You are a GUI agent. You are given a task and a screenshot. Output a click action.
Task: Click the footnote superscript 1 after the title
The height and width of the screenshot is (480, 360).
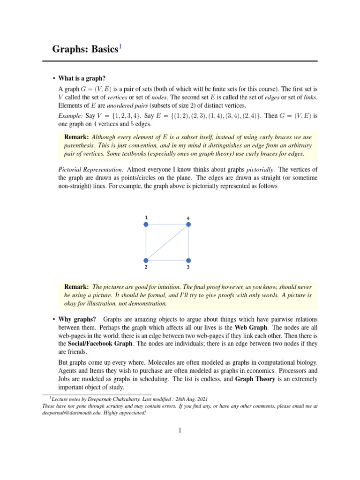click(x=120, y=46)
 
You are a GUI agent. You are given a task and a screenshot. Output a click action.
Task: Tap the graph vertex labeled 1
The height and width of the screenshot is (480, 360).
click(x=146, y=225)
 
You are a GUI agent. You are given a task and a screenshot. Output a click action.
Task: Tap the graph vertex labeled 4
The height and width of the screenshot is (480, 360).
click(x=188, y=225)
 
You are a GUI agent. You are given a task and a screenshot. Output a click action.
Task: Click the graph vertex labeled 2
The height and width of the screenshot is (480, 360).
click(x=146, y=260)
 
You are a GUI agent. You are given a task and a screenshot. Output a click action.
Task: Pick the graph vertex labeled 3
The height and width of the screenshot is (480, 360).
click(x=188, y=260)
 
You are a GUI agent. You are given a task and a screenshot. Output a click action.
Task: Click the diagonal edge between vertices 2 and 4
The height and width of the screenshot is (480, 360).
click(x=167, y=243)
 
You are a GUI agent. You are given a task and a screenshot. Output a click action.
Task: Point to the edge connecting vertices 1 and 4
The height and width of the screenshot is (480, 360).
click(x=167, y=225)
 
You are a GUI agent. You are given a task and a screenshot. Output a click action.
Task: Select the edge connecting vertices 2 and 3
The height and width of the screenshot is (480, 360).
click(x=167, y=260)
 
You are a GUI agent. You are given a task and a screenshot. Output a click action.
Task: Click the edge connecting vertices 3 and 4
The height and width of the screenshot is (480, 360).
click(x=188, y=243)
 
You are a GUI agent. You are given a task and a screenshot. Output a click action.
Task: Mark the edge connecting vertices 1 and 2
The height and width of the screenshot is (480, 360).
click(x=146, y=243)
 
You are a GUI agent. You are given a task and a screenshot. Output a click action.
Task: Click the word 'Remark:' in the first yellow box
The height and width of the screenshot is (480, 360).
click(x=76, y=137)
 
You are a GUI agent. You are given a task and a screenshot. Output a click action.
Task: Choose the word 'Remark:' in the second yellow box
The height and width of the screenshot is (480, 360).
click(x=76, y=286)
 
